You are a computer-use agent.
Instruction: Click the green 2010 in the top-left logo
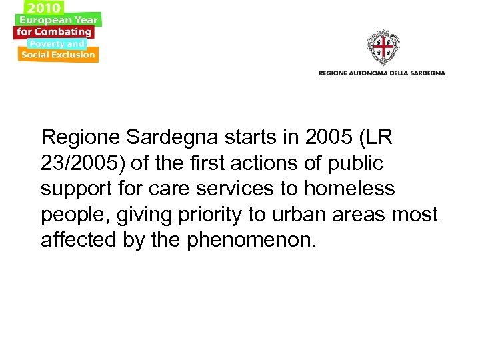tap(44, 7)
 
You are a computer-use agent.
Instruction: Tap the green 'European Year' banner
tap(58, 20)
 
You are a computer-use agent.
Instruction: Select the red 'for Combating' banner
tap(54, 31)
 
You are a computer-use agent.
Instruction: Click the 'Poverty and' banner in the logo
tap(56, 43)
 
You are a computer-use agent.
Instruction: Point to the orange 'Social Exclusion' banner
tap(58, 55)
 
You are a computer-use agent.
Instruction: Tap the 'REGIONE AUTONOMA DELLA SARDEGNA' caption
tap(381, 73)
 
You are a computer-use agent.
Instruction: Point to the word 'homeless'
tap(349, 189)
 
